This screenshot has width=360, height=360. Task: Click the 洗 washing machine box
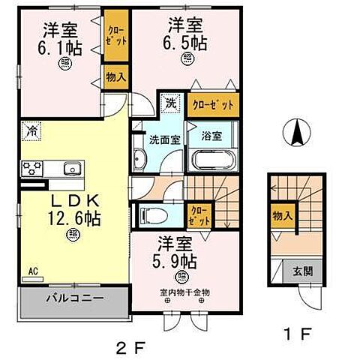pyautogui.click(x=169, y=103)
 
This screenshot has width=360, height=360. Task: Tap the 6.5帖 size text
pyautogui.click(x=186, y=42)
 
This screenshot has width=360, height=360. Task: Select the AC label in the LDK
pyautogui.click(x=32, y=271)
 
